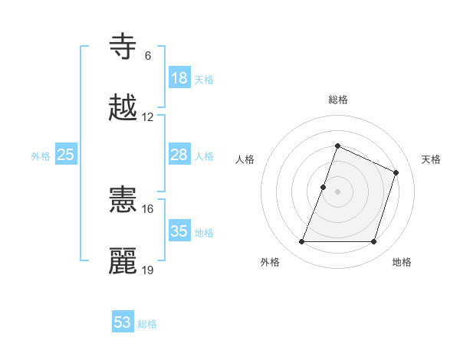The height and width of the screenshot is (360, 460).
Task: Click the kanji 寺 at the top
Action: [123, 47]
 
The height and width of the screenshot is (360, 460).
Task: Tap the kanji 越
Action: [123, 108]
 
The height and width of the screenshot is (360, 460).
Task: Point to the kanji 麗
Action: [123, 260]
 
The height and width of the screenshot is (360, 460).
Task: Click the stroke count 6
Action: [147, 56]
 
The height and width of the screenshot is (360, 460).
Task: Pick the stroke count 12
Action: [148, 117]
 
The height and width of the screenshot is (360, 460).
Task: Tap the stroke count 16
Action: [148, 208]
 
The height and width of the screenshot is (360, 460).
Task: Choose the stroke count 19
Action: [148, 270]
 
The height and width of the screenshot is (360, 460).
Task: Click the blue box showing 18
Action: [179, 78]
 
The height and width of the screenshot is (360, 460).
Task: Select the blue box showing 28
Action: [179, 155]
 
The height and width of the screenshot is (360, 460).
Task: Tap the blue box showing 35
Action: [179, 231]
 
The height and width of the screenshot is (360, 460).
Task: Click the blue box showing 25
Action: [66, 155]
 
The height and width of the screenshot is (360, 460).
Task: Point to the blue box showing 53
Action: [123, 322]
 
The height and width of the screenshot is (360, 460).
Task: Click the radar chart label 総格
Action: [337, 100]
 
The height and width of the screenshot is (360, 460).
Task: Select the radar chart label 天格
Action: [431, 159]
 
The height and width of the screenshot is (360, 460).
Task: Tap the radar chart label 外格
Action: [270, 262]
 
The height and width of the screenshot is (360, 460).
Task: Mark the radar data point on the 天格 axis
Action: [396, 172]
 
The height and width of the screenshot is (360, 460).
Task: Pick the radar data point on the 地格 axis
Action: [373, 241]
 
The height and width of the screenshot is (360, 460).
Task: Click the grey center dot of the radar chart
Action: [337, 191]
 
